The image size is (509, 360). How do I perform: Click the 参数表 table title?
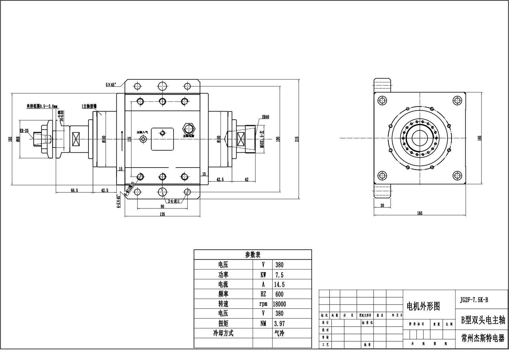253,255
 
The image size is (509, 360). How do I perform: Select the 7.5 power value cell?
279,275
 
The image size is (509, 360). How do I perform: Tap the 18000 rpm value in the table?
279,304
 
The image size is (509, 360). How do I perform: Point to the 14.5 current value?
279,285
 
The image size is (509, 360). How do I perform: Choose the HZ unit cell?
263,294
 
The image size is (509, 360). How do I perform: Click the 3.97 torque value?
279,323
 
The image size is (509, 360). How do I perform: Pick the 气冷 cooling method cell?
279,333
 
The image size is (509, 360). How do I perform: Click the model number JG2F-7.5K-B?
474,300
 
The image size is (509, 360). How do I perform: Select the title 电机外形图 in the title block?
423,306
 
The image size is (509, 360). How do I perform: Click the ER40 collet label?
265,117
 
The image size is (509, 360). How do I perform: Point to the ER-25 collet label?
24,131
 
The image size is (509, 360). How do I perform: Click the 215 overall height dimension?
297,138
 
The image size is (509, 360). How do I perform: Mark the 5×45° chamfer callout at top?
111,85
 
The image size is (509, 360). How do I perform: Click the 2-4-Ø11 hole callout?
174,201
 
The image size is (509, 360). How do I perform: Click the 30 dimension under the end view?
382,205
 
